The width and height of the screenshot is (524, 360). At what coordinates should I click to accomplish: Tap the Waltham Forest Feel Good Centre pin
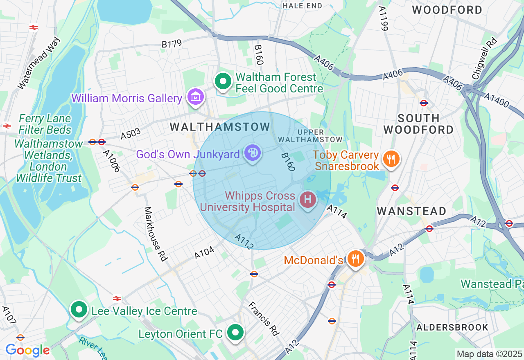tap(223, 82)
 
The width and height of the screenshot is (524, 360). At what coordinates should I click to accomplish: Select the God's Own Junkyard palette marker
tap(253, 153)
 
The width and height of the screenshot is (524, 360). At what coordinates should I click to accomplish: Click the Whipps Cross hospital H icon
tap(308, 200)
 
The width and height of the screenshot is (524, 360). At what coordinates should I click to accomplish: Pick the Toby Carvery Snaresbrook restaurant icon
tap(391, 159)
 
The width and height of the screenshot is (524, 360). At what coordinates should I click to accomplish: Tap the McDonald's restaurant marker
tap(356, 259)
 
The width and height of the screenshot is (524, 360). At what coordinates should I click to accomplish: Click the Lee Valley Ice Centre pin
tap(79, 310)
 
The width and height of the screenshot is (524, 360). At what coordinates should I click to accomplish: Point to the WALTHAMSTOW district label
tap(220, 127)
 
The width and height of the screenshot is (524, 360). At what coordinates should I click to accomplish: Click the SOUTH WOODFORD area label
tap(418, 124)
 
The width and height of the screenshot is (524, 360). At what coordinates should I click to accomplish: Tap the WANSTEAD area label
tap(411, 211)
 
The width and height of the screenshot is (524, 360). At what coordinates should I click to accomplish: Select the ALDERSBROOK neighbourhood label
tap(452, 327)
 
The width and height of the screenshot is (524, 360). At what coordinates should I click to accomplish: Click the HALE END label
tap(302, 6)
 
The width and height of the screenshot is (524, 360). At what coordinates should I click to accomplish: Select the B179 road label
tap(172, 44)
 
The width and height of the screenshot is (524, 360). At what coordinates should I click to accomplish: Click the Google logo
tap(27, 351)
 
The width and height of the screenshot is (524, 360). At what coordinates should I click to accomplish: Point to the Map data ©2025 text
tap(489, 354)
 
